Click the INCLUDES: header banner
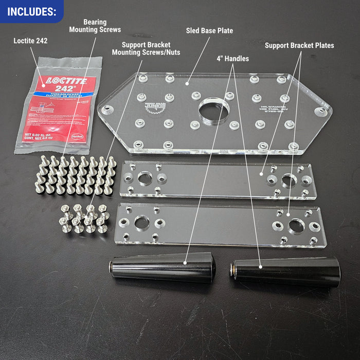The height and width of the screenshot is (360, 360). pyautogui.click(x=31, y=11)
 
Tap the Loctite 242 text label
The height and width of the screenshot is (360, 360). pyautogui.click(x=30, y=40)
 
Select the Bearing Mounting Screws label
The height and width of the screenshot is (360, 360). pyautogui.click(x=88, y=26)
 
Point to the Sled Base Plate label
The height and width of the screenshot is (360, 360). pyautogui.click(x=209, y=31)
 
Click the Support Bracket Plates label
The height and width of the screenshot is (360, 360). pyautogui.click(x=299, y=46)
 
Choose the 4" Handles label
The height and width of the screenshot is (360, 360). pyautogui.click(x=232, y=59)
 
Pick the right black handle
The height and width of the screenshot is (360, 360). pyautogui.click(x=285, y=272)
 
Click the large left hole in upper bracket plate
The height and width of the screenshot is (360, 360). pyautogui.click(x=145, y=177)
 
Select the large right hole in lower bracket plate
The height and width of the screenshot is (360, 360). pyautogui.click(x=296, y=226)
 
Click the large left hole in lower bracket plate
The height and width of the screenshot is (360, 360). pyautogui.click(x=142, y=223)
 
